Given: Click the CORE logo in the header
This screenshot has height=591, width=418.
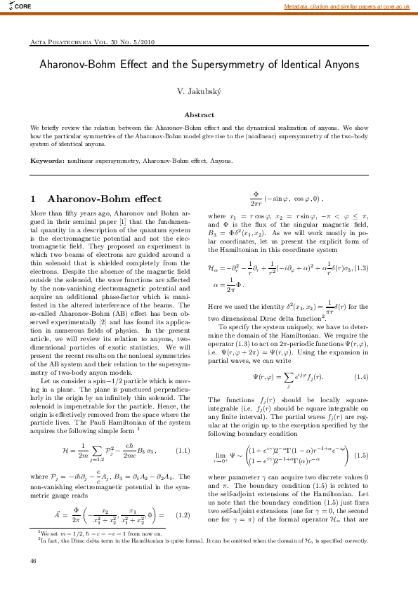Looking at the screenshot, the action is (18, 6).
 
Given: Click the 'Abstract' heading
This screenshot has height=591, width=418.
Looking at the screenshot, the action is (200, 114).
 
